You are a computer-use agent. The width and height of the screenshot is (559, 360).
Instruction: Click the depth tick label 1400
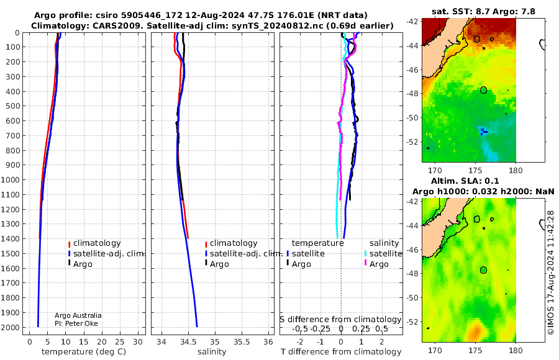pyautogui.click(x=10, y=239)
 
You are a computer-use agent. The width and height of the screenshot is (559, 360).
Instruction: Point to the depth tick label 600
pyautogui.click(x=12, y=121)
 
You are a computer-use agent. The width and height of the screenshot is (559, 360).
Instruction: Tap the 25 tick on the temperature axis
pyautogui.click(x=120, y=342)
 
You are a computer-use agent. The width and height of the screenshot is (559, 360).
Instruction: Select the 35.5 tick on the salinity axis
pyautogui.click(x=242, y=342)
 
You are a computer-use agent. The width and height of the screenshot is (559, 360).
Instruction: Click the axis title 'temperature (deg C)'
pyautogui.click(x=84, y=352)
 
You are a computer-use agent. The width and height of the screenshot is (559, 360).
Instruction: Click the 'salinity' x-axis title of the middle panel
pyautogui.click(x=212, y=352)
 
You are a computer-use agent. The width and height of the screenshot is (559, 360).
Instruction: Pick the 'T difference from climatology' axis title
pyautogui.click(x=341, y=352)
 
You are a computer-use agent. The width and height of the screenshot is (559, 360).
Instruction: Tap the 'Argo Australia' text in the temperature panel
pyautogui.click(x=78, y=315)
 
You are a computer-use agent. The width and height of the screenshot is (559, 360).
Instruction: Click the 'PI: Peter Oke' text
pyautogui.click(x=76, y=323)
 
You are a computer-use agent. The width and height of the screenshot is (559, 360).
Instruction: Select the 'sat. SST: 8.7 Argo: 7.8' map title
pyautogui.click(x=483, y=11)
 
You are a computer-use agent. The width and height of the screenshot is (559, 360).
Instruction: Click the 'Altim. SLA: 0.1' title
pyautogui.click(x=465, y=181)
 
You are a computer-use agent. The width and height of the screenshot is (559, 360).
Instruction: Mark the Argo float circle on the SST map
pyautogui.click(x=483, y=90)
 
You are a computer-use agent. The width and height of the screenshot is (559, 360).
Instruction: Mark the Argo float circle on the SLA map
pyautogui.click(x=483, y=270)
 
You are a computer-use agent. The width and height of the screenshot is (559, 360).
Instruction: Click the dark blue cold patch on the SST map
pyautogui.click(x=483, y=132)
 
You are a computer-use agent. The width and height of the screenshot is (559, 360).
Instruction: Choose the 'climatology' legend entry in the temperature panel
pyautogui.click(x=94, y=243)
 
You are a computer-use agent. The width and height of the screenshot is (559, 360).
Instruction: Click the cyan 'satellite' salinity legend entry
pyautogui.click(x=383, y=254)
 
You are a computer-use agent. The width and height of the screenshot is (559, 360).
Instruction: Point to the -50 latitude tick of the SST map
pyautogui.click(x=412, y=118)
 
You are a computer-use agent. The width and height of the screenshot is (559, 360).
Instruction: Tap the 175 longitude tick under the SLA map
pyautogui.click(x=475, y=350)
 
